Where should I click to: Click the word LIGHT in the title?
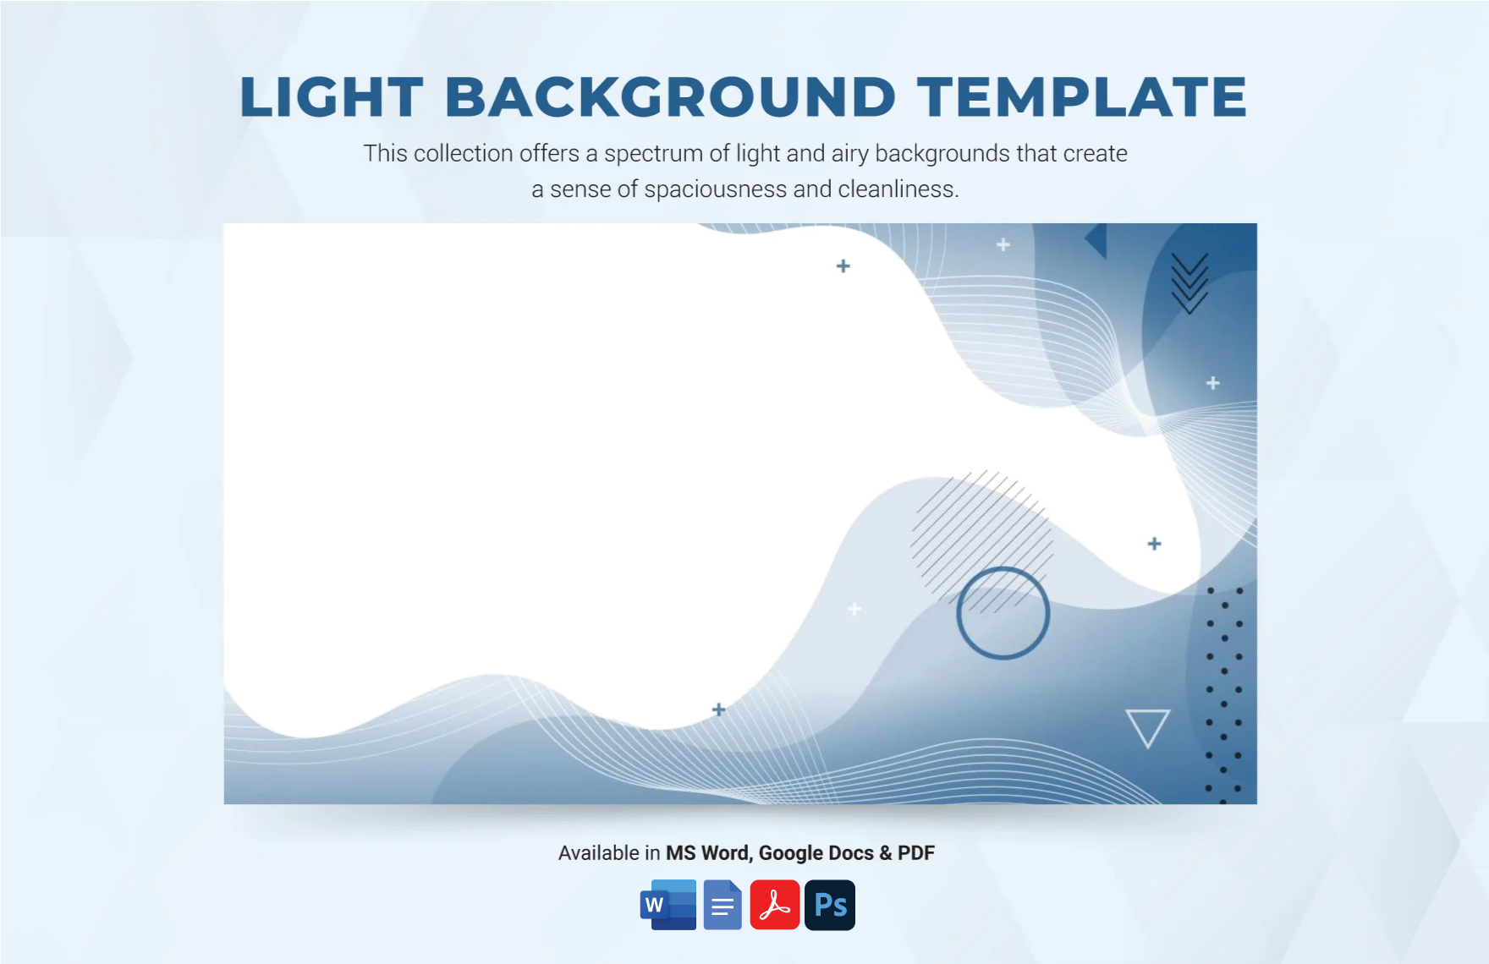[332, 96]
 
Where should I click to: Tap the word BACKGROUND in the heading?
[670, 96]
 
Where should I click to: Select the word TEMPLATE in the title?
[1082, 96]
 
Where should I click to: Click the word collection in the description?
[463, 153]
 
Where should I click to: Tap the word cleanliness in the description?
[898, 189]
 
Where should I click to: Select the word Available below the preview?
[598, 852]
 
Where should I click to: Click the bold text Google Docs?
[816, 853]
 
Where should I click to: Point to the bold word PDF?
[915, 852]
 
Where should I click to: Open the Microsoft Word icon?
[668, 905]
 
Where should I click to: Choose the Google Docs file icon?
[723, 905]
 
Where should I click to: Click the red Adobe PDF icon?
[775, 905]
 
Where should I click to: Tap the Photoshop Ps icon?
[830, 905]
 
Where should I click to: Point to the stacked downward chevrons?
[1190, 283]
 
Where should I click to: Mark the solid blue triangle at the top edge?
[1099, 240]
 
